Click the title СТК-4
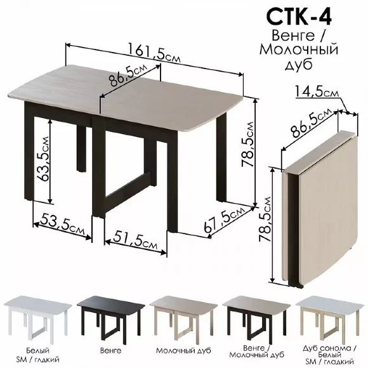tap(299, 17)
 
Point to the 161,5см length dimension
tap(154, 53)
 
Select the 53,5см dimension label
tap(62, 223)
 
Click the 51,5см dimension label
tap(135, 239)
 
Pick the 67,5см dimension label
tap(225, 219)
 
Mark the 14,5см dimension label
tap(317, 91)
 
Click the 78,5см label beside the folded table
tap(265, 219)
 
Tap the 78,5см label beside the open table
tap(248, 144)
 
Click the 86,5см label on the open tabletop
tap(128, 76)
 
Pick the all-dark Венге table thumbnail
tap(111, 317)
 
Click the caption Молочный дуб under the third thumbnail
tap(183, 351)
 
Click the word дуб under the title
tap(298, 64)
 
